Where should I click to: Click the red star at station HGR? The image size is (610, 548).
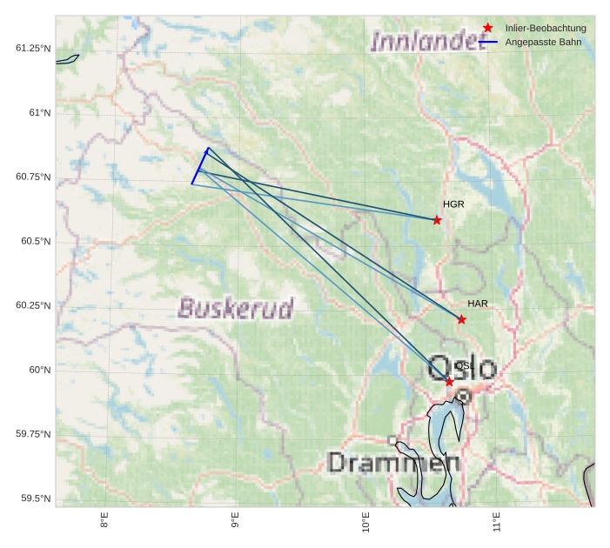click(x=437, y=220)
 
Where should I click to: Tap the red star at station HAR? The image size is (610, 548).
click(x=461, y=319)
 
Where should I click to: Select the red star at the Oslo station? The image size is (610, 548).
click(x=449, y=382)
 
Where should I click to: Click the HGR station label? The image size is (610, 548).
click(x=453, y=204)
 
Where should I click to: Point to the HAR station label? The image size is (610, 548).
click(x=478, y=304)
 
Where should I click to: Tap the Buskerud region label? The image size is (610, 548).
click(x=236, y=308)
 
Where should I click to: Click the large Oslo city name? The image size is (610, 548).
click(x=463, y=368)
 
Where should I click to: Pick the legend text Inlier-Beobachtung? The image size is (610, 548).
click(x=546, y=28)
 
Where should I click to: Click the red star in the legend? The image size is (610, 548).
click(x=488, y=28)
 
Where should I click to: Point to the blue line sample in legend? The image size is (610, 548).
click(x=488, y=42)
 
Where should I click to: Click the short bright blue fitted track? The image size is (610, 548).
click(x=199, y=166)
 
